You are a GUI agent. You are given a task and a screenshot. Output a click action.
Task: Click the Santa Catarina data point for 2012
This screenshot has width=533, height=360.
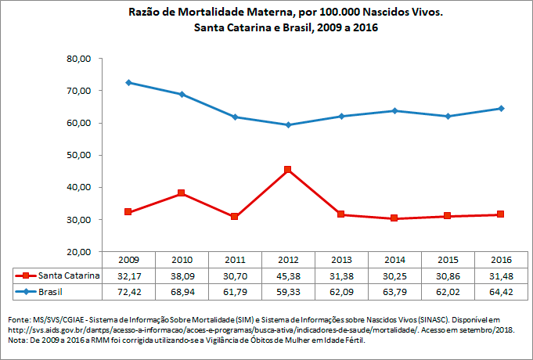click(x=288, y=169)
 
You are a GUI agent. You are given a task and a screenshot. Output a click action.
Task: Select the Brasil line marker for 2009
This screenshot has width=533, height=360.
click(x=128, y=82)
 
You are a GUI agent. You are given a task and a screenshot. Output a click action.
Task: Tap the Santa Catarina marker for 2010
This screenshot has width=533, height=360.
click(x=181, y=193)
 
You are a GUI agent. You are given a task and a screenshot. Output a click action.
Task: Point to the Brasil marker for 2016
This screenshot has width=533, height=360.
click(x=501, y=108)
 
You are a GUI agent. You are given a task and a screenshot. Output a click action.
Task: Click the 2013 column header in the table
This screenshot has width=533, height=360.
click(x=340, y=260)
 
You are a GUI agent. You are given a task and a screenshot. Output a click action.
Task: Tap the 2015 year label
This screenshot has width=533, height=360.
click(x=448, y=260)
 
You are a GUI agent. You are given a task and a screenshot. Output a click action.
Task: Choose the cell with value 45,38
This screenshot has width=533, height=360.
click(x=287, y=275)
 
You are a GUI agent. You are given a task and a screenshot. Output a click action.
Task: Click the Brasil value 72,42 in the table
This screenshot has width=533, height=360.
click(x=127, y=291)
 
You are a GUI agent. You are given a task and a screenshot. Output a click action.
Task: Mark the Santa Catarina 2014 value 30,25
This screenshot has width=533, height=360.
click(x=394, y=275)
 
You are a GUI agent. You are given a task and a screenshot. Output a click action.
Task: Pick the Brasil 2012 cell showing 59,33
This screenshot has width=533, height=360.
click(x=287, y=291)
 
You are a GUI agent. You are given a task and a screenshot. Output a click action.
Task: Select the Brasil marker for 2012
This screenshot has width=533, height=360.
click(x=288, y=124)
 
